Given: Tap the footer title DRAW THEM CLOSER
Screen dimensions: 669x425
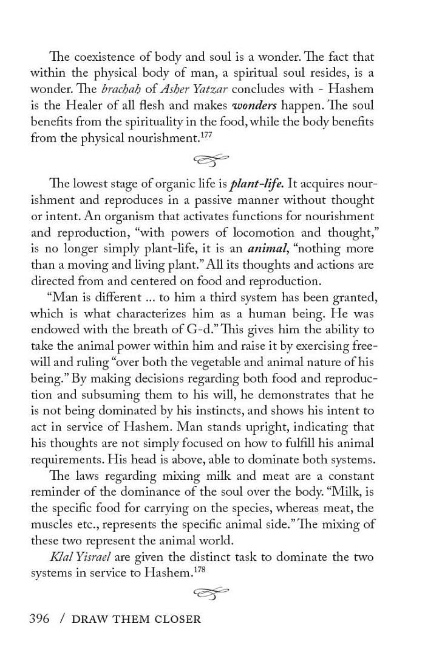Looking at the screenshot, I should click(x=136, y=620).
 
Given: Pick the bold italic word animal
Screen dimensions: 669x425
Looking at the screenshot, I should click(x=267, y=249).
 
